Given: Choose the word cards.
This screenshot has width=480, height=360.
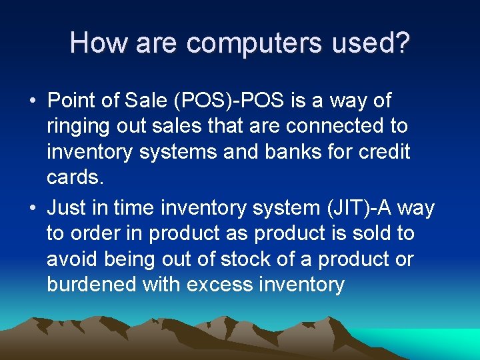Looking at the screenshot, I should (74, 177).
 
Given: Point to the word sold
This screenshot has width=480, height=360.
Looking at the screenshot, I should (369, 233).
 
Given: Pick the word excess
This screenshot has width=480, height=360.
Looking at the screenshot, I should (218, 285).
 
